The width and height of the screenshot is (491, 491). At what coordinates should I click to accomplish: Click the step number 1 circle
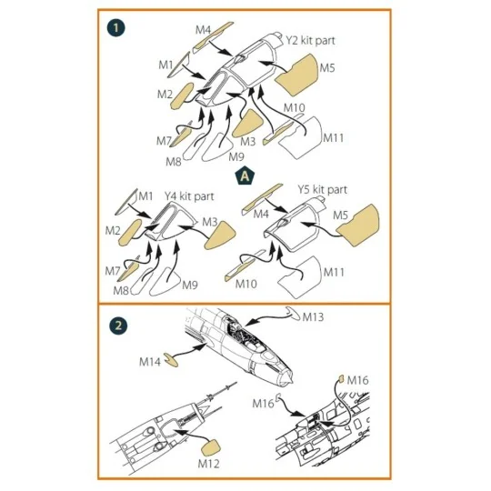coord(115,28)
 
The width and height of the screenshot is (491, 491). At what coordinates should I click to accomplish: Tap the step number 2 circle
coord(118,326)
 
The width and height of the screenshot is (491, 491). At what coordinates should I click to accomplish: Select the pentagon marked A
coord(245,177)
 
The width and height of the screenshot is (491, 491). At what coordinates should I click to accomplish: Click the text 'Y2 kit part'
coord(310,40)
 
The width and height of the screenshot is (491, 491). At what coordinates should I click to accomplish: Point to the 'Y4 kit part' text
coord(189,196)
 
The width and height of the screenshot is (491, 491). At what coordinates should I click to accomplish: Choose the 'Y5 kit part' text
coord(322,189)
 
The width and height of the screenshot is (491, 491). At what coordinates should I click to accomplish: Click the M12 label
coord(208,464)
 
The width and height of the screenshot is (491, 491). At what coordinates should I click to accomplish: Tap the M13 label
coord(313,317)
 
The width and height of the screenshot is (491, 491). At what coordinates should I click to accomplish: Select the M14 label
coord(150,362)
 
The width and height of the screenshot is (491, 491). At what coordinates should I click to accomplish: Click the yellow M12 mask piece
coord(210,448)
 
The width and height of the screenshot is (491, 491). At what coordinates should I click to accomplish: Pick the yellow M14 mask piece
coord(171,360)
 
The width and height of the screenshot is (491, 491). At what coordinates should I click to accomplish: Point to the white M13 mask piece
coord(293,313)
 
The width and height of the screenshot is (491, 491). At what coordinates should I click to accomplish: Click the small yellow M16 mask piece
coord(341,378)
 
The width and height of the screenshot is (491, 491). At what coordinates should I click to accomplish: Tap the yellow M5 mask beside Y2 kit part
coord(297,75)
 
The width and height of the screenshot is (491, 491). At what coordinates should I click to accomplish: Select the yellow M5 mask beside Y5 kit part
coord(358,225)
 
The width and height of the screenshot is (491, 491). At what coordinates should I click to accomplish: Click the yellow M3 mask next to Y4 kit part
coord(220,235)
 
